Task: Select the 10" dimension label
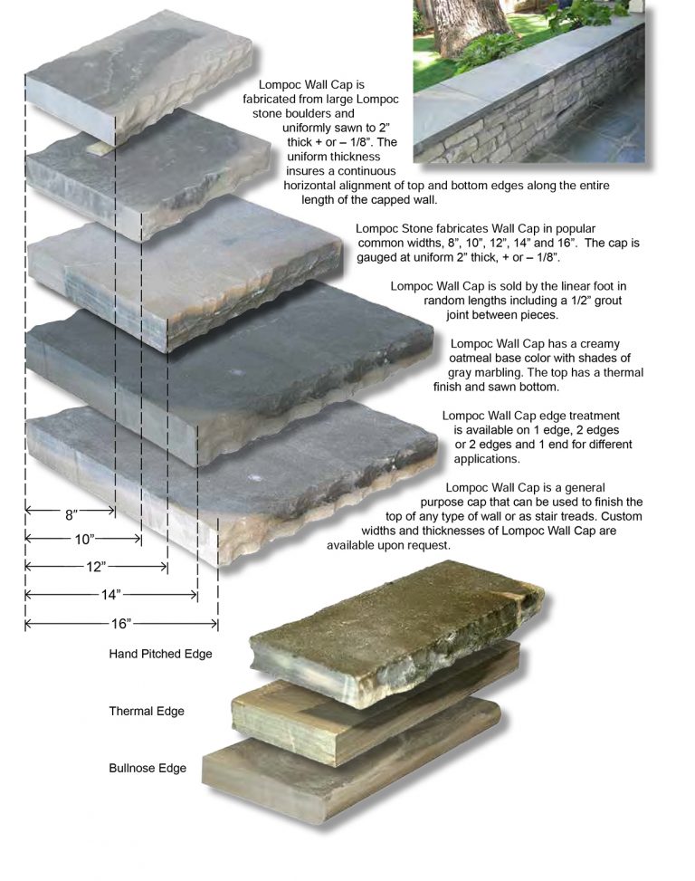click(84, 540)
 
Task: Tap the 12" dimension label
click(97, 567)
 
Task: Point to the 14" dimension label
click(111, 595)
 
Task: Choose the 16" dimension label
click(122, 624)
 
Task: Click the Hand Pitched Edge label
click(160, 654)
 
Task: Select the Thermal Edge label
click(147, 711)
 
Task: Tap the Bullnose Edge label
click(148, 769)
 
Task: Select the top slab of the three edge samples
click(398, 625)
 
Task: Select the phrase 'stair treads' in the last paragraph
click(551, 516)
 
